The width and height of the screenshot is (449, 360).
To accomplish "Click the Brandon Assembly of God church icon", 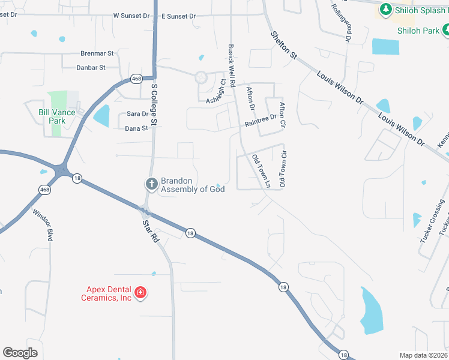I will [152, 184].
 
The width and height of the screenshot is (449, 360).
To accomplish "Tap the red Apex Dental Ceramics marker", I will [140, 293].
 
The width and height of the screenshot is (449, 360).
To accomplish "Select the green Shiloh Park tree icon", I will [445, 30].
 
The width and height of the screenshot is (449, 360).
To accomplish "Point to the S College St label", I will [154, 104].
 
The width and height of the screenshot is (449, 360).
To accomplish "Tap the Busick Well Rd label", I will [231, 64].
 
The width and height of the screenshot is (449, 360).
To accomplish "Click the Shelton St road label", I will [283, 45].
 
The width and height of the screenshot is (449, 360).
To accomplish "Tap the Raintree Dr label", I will [261, 121].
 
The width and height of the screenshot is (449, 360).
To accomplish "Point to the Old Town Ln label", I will [261, 170].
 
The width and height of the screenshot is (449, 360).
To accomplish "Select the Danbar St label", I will [91, 68].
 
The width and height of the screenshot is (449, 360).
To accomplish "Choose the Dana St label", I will [136, 128].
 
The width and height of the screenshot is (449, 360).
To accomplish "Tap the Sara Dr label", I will [137, 114].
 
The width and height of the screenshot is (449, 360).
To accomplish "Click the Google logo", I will [20, 353].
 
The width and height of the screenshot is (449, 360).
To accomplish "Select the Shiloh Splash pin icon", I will [385, 9].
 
